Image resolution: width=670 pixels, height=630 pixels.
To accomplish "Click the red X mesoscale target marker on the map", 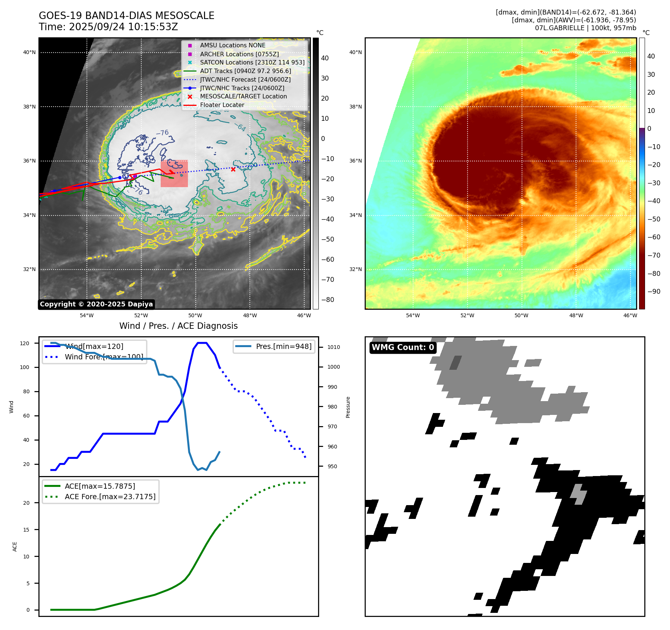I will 233,169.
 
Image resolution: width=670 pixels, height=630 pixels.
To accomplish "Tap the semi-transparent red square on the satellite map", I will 174,174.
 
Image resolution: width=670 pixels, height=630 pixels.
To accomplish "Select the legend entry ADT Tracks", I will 245,71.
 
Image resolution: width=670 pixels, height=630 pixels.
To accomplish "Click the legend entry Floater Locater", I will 222,105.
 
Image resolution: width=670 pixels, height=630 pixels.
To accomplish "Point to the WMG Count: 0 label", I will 403,347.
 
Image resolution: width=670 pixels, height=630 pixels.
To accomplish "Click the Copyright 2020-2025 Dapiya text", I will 96,304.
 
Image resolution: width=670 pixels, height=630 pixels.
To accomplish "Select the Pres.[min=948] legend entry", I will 283,346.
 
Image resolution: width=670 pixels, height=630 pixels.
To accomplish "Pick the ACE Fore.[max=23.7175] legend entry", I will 110,497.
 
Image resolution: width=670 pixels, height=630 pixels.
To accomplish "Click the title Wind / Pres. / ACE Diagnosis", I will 178,326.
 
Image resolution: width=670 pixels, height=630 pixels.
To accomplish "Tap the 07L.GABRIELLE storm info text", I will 585,28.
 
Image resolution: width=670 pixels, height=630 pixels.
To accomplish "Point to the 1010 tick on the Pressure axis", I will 334,347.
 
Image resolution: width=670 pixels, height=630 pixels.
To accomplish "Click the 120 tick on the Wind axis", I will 25,343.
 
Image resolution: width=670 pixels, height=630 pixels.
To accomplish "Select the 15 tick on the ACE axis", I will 26,530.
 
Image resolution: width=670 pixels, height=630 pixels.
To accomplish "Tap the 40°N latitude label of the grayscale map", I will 29,53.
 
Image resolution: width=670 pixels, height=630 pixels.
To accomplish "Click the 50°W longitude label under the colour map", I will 521,315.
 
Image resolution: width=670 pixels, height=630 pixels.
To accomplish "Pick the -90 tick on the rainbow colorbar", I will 654,292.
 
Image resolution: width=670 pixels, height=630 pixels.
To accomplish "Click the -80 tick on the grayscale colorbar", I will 328,300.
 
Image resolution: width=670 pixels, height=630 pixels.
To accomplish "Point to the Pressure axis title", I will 348,407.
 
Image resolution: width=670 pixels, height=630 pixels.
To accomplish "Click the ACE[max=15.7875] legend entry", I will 100,486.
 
